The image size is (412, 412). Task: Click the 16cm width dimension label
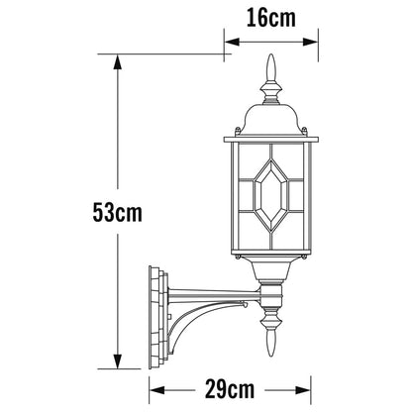pos(271,18)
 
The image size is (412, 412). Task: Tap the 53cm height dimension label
pos(117,212)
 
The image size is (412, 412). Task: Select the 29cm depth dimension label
pos(230,389)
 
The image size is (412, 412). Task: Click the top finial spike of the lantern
pos(271,67)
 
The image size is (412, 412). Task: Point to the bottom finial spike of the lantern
pos(271,343)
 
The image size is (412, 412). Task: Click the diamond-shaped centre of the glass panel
pos(271,195)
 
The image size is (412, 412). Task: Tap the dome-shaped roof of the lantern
pos(271,120)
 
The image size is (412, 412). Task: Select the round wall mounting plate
pos(157,317)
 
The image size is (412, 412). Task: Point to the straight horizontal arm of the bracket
pos(215,295)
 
